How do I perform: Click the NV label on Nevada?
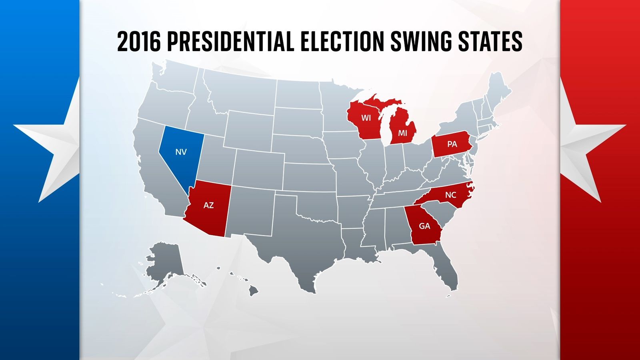coord(181,152)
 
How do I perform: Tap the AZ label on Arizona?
coord(208,205)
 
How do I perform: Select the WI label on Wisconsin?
coord(366,118)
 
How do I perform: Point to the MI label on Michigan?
coord(402,133)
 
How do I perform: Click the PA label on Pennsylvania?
coord(452,144)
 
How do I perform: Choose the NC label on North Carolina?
coord(450,195)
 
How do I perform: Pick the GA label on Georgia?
coord(424,226)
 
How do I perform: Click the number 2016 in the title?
coord(139,42)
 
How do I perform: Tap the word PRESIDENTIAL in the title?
coord(230,42)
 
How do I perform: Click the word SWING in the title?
coord(421,42)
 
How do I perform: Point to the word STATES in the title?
coord(490,42)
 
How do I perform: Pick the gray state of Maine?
coord(498,92)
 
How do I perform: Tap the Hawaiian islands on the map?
coord(253,290)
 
